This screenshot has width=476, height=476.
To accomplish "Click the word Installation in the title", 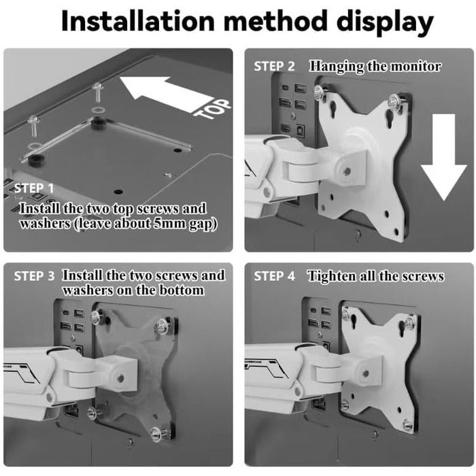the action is tap(138, 20).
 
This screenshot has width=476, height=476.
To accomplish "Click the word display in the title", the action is tap(385, 22).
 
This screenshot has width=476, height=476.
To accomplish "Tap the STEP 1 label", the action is tap(34, 188).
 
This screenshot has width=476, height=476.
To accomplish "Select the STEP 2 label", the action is tap(275, 67).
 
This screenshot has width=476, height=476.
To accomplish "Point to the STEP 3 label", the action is tap(34, 276).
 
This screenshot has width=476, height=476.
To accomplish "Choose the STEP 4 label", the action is tap(275, 276).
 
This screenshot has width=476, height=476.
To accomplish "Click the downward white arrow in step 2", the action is tap(443, 157).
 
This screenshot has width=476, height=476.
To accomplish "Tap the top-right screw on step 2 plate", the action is tap(394, 100).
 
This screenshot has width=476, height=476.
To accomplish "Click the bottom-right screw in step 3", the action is tap(157, 433).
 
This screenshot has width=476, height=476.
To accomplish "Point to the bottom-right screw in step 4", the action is tap(407, 424).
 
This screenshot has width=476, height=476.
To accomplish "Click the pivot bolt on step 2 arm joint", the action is tap(347, 171).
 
